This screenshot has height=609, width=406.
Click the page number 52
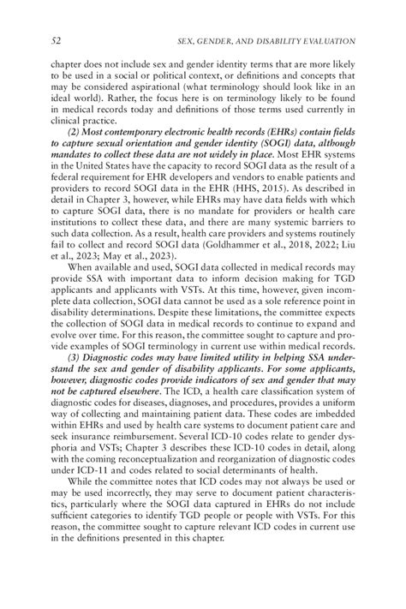pyautogui.click(x=56, y=40)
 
